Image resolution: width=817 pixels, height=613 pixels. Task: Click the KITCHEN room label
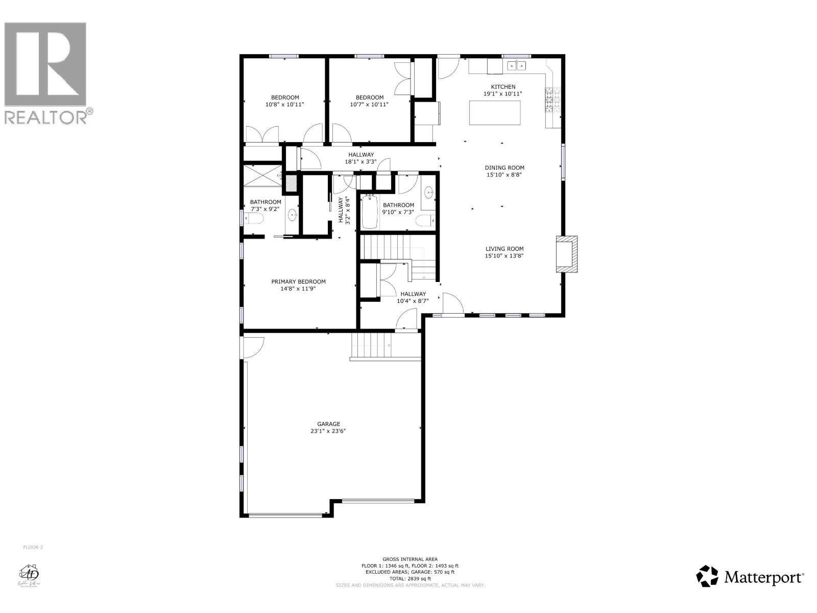tap(503, 87)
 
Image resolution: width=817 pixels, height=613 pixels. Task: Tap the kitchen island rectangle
tap(495, 113)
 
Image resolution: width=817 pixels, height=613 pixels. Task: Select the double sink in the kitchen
tap(516, 65)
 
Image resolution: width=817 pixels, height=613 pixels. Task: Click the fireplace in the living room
tap(566, 254)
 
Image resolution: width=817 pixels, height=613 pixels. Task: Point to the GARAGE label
tap(328, 424)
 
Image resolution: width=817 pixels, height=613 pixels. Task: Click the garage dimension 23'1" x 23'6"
tap(328, 431)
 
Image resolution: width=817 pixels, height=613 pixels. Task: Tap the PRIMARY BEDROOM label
tap(298, 281)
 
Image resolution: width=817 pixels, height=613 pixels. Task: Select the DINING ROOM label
tap(504, 168)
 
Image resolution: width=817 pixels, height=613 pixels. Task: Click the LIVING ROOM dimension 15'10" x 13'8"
tap(504, 256)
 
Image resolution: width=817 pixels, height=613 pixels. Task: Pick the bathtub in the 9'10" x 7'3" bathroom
tap(369, 211)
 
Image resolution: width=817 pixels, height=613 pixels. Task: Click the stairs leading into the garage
tap(371, 346)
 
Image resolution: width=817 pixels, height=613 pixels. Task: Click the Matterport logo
tap(751, 577)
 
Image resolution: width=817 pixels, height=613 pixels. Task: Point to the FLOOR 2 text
tap(33, 547)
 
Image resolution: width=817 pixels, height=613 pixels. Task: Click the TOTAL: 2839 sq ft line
tap(410, 579)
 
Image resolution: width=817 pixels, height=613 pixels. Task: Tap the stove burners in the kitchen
tap(554, 100)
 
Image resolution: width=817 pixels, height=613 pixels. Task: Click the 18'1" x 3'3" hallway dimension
tap(361, 162)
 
